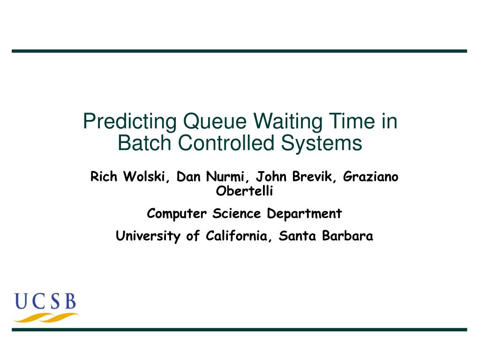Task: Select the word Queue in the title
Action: pos(215,121)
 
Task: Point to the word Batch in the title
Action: pos(144,143)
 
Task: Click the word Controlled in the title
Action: pos(226,143)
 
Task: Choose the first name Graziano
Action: pos(370,177)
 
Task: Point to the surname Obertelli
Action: pos(244,191)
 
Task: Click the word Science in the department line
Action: pos(236,213)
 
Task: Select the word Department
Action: pos(304,214)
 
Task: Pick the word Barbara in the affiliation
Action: pos(347,236)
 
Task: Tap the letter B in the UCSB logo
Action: pos(71,301)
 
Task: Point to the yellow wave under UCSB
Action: pos(46,317)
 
